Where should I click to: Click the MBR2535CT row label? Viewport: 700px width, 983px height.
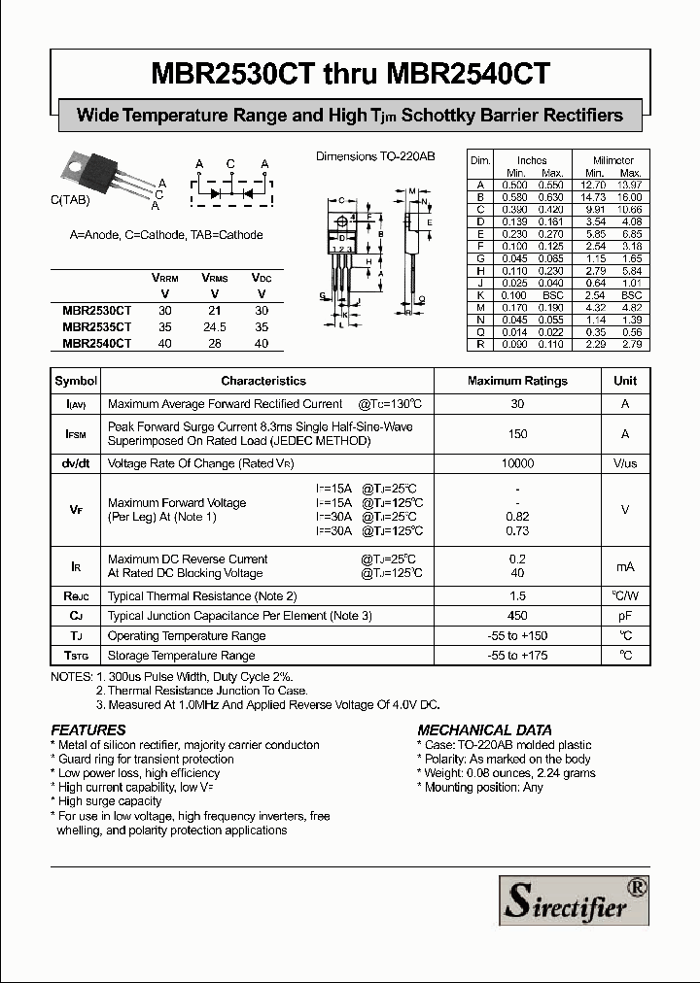click(96, 328)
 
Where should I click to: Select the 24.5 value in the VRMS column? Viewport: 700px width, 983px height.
click(214, 328)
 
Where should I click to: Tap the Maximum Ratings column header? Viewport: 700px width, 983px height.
click(517, 381)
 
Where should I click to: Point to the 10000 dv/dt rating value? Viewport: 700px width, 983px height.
click(517, 464)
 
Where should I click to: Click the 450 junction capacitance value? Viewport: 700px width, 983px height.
click(517, 616)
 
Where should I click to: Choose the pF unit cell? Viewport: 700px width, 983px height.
click(625, 616)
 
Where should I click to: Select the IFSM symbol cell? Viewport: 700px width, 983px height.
click(76, 434)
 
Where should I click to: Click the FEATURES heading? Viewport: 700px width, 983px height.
click(88, 729)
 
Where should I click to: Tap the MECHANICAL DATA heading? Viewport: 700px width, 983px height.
click(484, 729)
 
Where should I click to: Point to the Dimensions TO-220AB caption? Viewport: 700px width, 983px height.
click(375, 156)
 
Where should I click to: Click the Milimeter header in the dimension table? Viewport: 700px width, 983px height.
click(613, 160)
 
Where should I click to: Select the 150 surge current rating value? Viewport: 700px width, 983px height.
click(517, 434)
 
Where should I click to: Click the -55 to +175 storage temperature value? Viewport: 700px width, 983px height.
click(517, 656)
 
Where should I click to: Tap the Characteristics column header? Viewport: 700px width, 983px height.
click(262, 381)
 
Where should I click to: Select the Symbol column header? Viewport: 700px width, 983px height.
click(76, 381)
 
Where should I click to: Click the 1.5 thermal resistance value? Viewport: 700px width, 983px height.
click(517, 595)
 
